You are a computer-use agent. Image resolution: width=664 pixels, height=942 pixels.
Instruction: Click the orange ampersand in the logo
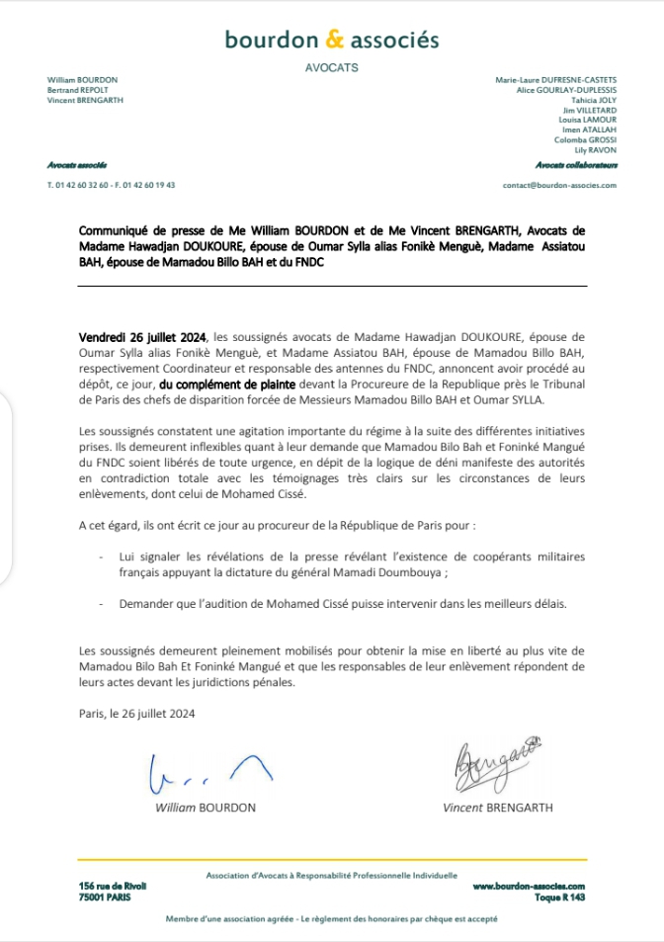click(x=334, y=40)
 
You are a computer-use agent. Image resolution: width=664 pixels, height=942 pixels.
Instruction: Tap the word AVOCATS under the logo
click(x=332, y=67)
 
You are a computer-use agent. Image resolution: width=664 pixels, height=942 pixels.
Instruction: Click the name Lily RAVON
click(x=596, y=149)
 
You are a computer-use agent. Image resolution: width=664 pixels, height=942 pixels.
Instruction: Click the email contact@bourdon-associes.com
click(x=559, y=185)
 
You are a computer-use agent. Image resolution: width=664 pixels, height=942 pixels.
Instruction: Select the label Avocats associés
click(x=77, y=165)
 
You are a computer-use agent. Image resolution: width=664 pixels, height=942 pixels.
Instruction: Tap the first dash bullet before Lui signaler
click(x=102, y=558)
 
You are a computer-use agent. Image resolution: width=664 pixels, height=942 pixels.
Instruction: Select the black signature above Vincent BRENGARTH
click(x=496, y=760)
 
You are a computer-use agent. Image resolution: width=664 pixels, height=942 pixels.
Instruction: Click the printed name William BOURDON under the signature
click(x=206, y=808)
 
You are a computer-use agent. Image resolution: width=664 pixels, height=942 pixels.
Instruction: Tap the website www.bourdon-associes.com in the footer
click(x=529, y=887)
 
